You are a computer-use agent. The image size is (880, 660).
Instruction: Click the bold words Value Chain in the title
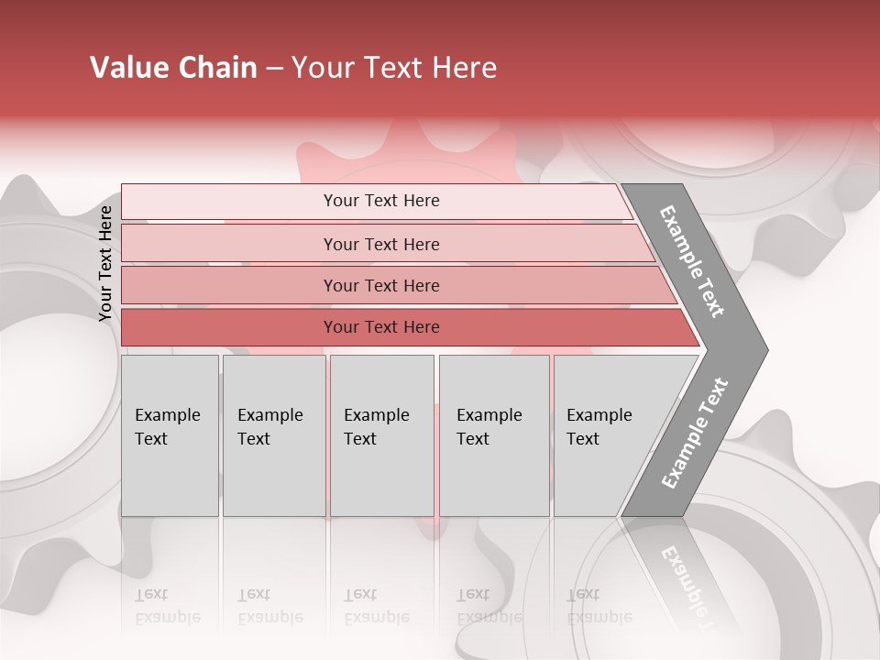(x=173, y=68)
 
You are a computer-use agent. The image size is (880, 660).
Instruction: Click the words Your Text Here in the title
(x=394, y=68)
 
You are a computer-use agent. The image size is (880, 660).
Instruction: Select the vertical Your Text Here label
(x=105, y=263)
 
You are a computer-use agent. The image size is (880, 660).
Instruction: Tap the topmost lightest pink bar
(x=229, y=202)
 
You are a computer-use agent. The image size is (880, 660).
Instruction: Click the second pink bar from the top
(x=229, y=244)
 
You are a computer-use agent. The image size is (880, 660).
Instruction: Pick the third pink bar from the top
(x=229, y=285)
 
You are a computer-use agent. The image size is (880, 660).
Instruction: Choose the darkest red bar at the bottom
(x=229, y=327)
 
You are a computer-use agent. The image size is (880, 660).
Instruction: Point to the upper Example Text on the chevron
(x=692, y=261)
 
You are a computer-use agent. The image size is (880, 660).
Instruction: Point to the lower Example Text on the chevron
(x=695, y=434)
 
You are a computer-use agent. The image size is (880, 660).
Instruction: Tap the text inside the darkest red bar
(x=381, y=327)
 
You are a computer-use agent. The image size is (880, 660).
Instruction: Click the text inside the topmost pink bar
(x=381, y=201)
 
